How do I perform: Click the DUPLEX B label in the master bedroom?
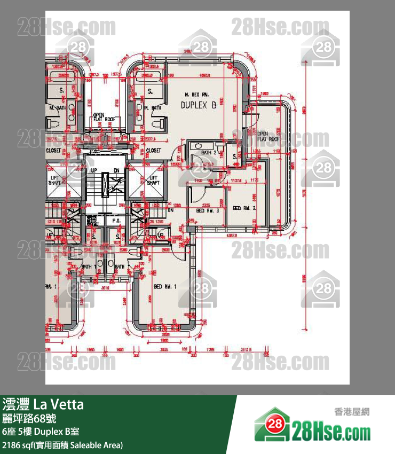[x=198, y=105]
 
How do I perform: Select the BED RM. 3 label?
[x=204, y=211]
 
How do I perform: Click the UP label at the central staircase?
[x=94, y=170]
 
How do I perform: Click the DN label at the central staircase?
[x=116, y=170]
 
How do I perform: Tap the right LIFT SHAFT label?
[x=153, y=181]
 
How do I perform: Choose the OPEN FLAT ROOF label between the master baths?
[x=105, y=117]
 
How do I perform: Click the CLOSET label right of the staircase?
[x=153, y=151]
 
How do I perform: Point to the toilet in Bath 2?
[x=197, y=145]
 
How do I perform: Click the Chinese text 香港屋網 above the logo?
[x=351, y=412]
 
